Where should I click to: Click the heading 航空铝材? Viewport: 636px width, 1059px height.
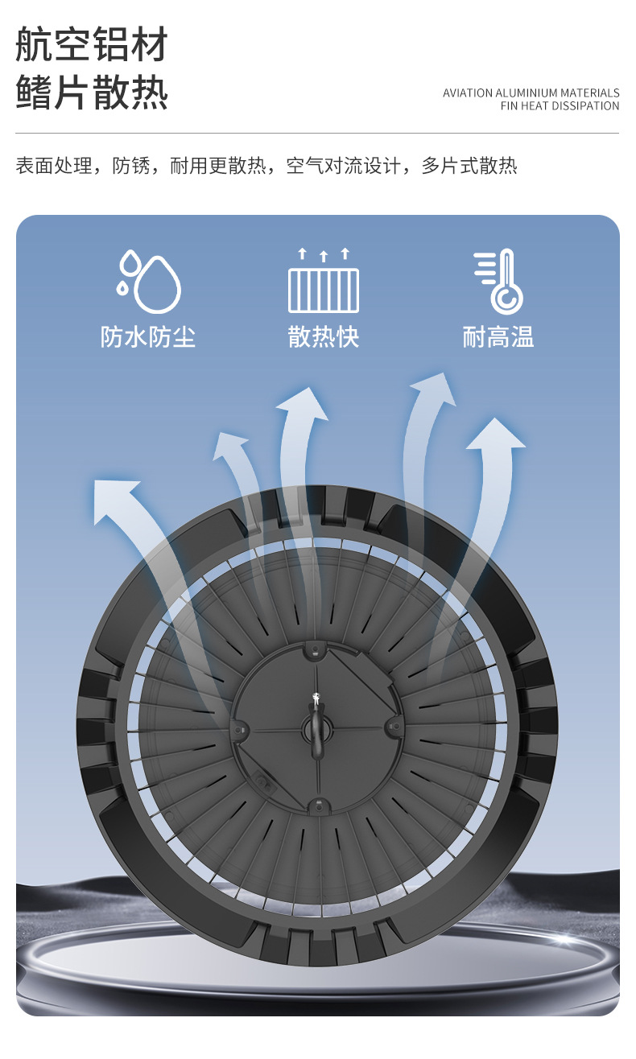[x=92, y=45]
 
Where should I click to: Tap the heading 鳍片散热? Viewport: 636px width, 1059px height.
[x=92, y=93]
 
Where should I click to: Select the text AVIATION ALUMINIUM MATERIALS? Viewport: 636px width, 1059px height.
[x=531, y=93]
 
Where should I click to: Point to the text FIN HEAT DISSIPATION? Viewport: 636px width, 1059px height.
[x=560, y=106]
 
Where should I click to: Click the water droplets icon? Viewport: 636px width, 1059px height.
[x=150, y=281]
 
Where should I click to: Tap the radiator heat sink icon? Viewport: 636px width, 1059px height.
[x=324, y=281]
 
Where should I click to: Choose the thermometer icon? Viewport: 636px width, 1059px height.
[x=499, y=281]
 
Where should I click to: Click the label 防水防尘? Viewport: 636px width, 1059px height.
[x=148, y=336]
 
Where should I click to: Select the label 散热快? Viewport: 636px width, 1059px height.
[x=324, y=336]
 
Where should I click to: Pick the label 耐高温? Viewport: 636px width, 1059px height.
[x=498, y=336]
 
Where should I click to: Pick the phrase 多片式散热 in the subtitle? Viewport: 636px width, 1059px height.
[x=469, y=167]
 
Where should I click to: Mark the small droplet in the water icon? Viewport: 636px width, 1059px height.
[x=122, y=286]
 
